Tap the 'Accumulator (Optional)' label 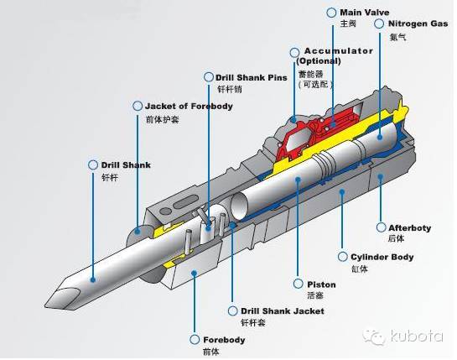[337, 55]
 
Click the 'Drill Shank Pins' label [252, 77]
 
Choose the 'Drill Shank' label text [126, 165]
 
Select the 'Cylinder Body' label [382, 256]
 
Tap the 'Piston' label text [321, 283]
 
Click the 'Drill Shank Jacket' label [282, 310]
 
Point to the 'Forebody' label [224, 340]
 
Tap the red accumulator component [314, 130]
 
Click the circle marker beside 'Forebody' [195, 340]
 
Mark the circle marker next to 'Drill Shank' [93, 165]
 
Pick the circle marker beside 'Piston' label [299, 283]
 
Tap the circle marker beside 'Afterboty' [380, 227]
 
